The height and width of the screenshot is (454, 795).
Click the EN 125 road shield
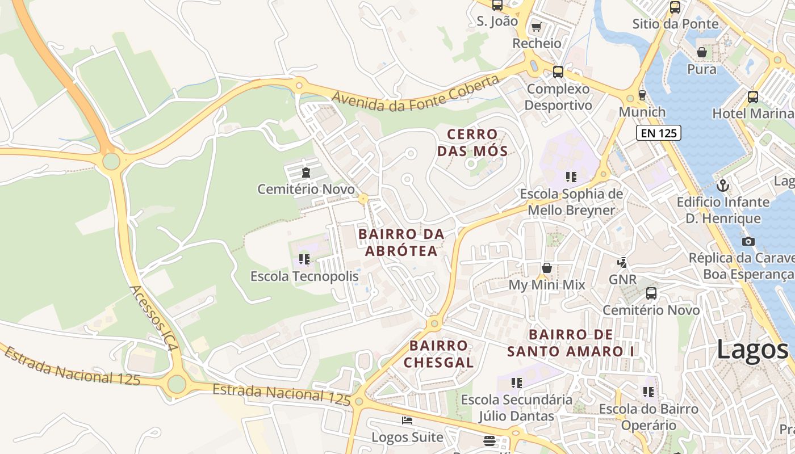[658, 133]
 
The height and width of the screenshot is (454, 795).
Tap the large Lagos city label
[752, 349]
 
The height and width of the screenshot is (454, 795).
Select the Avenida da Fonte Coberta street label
[415, 96]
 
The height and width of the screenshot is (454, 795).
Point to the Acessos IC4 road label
[154, 318]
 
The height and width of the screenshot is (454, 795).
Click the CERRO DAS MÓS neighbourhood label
[472, 142]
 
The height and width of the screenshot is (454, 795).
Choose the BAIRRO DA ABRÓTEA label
[401, 242]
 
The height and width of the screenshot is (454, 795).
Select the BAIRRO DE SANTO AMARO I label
[570, 343]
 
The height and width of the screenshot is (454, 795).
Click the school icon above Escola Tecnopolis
[304, 259]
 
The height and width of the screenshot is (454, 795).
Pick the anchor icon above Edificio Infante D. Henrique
[722, 185]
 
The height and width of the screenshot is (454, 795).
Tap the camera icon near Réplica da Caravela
[748, 241]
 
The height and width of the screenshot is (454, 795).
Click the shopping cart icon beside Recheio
[536, 27]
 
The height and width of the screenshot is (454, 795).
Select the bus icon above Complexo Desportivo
[558, 72]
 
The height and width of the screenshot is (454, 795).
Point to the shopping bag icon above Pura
[702, 52]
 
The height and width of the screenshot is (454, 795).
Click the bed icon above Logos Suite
[407, 421]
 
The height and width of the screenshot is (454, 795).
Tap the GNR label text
[622, 280]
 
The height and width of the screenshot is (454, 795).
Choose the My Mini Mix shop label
[546, 285]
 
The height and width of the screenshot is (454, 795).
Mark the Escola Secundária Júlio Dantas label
[516, 407]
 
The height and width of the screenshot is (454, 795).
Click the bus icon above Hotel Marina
[752, 97]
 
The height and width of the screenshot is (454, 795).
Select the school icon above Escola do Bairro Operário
[648, 392]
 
